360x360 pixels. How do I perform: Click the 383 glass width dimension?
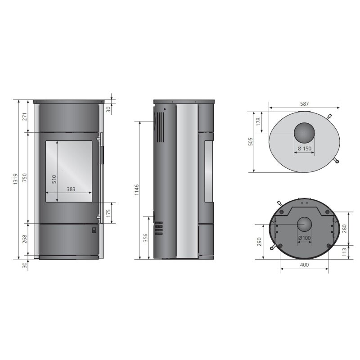click(71, 189)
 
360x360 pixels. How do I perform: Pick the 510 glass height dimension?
click(54, 179)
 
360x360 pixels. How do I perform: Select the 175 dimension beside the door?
click(108, 213)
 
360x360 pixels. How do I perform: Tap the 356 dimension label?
click(145, 238)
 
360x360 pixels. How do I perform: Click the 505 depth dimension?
click(251, 141)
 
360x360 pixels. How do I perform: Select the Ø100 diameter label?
click(305, 238)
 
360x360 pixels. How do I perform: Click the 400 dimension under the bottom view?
click(304, 265)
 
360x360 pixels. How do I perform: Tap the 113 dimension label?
click(344, 250)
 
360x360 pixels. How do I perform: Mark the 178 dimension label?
click(258, 122)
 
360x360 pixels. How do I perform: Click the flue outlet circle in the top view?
click(305, 133)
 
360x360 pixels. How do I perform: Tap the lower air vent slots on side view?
click(158, 228)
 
